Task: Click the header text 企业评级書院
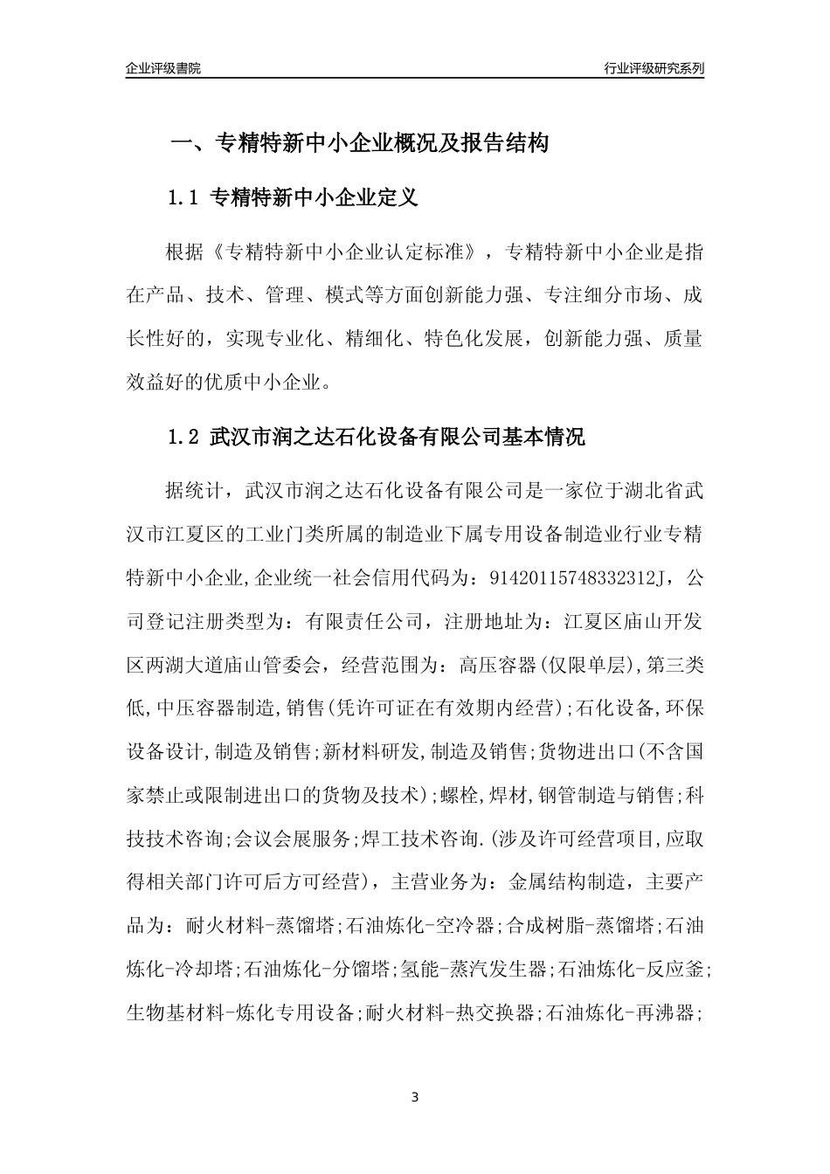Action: (x=163, y=68)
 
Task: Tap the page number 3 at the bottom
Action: (x=415, y=1096)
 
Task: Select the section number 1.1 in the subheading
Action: (x=183, y=198)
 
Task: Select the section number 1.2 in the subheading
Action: (x=183, y=437)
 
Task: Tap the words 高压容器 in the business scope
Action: (x=494, y=666)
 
